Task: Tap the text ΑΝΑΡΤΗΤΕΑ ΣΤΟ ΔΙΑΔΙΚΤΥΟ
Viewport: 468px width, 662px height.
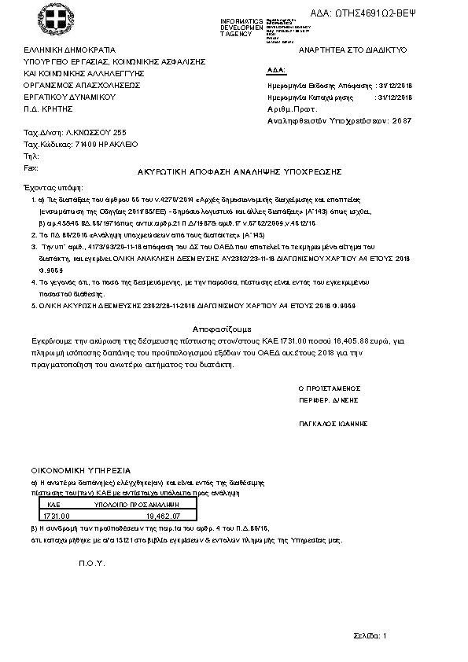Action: tap(347, 50)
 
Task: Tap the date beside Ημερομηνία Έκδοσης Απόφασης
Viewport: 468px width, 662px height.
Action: tap(395, 85)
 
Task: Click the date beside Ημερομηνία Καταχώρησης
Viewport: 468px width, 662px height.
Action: tap(395, 97)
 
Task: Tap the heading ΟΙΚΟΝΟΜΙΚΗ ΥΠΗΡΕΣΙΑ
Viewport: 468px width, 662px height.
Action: tap(75, 469)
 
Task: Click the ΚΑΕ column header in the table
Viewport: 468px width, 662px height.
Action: tap(54, 504)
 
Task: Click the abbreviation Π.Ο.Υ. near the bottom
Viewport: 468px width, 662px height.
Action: tap(92, 564)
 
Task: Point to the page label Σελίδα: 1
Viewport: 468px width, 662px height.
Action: tap(370, 634)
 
